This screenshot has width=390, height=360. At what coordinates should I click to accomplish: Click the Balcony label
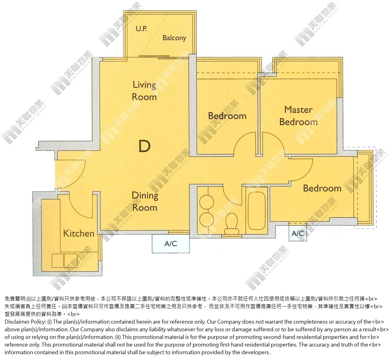(x=174, y=38)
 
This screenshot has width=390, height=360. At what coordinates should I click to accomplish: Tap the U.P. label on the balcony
(x=141, y=29)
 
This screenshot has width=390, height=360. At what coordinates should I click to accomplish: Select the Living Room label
(x=144, y=91)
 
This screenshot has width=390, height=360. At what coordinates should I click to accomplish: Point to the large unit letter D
(x=145, y=146)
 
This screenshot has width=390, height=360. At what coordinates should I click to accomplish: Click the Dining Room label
(x=145, y=201)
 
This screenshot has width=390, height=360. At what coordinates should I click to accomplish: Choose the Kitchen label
(x=79, y=233)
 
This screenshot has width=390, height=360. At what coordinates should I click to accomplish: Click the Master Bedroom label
(x=298, y=116)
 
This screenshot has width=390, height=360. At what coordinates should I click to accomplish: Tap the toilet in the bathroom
(x=232, y=224)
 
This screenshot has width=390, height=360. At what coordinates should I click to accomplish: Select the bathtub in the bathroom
(x=257, y=210)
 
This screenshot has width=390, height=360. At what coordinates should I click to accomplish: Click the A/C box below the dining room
(x=171, y=243)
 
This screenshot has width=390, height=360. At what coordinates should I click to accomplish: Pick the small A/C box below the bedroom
(x=297, y=233)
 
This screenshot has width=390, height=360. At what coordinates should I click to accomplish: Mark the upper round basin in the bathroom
(x=207, y=202)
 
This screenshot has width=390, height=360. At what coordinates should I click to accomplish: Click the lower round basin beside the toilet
(x=207, y=219)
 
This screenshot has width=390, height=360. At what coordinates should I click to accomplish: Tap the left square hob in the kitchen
(x=58, y=261)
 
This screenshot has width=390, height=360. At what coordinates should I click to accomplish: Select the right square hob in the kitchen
(x=71, y=261)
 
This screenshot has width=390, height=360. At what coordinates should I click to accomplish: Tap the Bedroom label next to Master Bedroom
(x=227, y=116)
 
